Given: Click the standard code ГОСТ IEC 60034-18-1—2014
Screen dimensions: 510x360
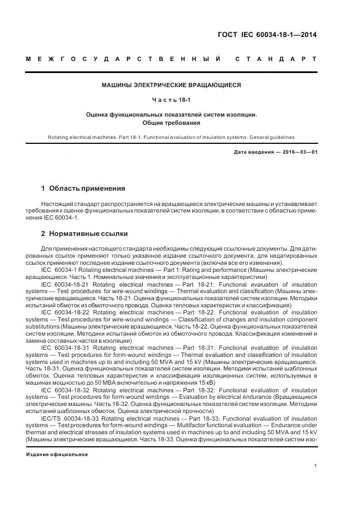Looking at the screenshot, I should (266, 35).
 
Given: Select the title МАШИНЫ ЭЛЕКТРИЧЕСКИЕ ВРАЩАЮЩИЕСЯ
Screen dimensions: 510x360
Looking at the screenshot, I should (172, 85).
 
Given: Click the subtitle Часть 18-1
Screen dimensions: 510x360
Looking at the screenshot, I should (172, 100).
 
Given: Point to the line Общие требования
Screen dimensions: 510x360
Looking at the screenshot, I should (172, 123).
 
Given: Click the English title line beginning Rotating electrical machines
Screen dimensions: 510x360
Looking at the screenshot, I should (172, 138).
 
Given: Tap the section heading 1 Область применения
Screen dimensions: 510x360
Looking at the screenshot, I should (83, 189).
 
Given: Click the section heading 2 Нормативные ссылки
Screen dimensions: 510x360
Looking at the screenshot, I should (84, 234).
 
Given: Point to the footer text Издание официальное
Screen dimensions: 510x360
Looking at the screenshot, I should (57, 454).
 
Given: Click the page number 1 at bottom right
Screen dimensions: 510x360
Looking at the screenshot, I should (316, 466).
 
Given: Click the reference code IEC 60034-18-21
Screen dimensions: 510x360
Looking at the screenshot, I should (64, 284).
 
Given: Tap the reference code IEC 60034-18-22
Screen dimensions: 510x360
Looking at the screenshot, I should (64, 313).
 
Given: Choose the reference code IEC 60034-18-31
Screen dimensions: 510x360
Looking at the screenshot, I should (64, 348).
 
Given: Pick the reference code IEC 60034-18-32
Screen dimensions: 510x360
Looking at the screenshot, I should (64, 390).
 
